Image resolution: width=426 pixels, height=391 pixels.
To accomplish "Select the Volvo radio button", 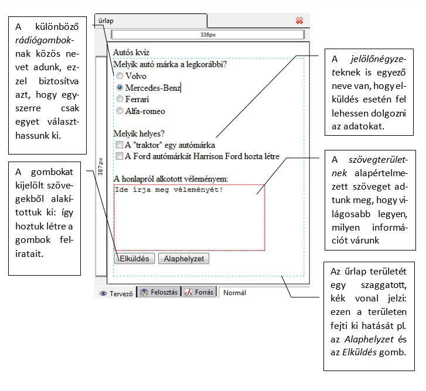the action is pyautogui.click(x=120, y=76).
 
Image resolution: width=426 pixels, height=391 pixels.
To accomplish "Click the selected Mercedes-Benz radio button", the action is pyautogui.click(x=120, y=87).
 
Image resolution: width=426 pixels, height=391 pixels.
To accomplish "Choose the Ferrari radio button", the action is pyautogui.click(x=120, y=99).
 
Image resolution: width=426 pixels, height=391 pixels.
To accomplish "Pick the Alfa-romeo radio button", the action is pyautogui.click(x=120, y=111).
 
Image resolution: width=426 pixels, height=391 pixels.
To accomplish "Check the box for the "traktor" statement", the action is pyautogui.click(x=120, y=145).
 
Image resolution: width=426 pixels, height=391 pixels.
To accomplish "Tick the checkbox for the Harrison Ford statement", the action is pyautogui.click(x=120, y=156).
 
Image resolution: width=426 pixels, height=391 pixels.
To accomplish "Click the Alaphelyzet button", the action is pyautogui.click(x=183, y=259).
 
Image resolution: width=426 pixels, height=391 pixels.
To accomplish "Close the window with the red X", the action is pyautogui.click(x=299, y=20).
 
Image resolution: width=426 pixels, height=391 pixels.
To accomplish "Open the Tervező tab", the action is pyautogui.click(x=116, y=293).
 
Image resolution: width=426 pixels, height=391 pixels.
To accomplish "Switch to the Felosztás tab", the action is pyautogui.click(x=159, y=292).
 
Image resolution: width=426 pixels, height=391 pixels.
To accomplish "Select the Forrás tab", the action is pyautogui.click(x=199, y=292).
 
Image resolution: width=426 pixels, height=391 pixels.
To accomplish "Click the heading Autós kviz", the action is pyautogui.click(x=131, y=52).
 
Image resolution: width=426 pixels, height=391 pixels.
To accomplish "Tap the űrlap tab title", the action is pyautogui.click(x=106, y=21).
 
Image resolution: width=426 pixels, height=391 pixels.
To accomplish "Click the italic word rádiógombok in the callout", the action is pyautogui.click(x=43, y=40).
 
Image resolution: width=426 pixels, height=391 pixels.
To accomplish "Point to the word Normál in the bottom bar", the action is pyautogui.click(x=235, y=293).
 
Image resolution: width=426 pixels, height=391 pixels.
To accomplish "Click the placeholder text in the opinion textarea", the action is pyautogui.click(x=169, y=190).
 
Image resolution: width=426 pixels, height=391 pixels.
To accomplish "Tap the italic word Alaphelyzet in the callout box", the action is pyautogui.click(x=369, y=339).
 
